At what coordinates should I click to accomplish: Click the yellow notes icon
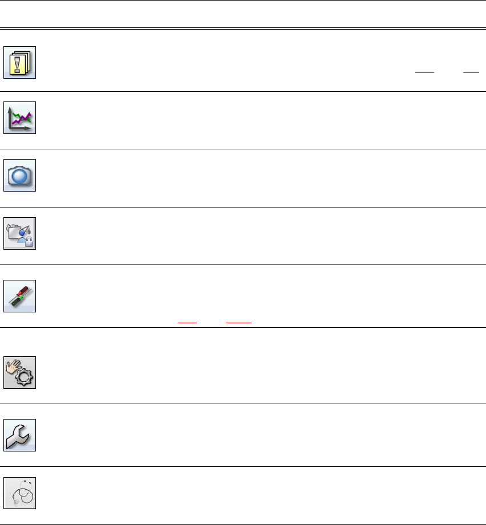[20, 62]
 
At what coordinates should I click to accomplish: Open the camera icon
[20, 175]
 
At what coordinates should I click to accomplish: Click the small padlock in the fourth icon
[29, 243]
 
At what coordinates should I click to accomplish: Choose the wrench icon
[20, 435]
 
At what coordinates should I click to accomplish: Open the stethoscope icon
[20, 493]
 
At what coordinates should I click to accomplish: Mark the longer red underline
[238, 322]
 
